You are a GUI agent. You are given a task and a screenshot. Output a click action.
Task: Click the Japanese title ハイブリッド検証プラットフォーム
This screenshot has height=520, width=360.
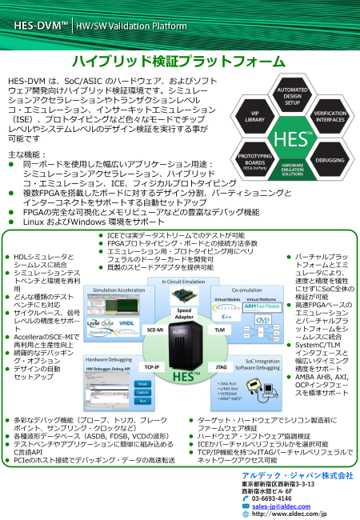pyautogui.click(x=179, y=62)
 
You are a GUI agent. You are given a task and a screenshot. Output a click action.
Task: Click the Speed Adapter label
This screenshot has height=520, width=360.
pyautogui.click(x=185, y=313)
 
